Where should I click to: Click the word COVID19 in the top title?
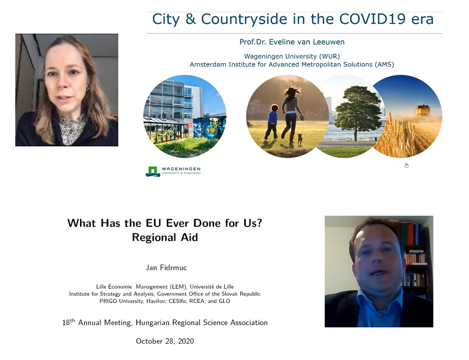click(372, 19)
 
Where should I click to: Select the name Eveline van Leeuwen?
click(306, 42)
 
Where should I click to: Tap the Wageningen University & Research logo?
click(173, 171)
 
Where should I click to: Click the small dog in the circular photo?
click(300, 139)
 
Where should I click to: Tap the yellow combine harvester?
click(422, 110)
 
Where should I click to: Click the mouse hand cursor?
click(406, 165)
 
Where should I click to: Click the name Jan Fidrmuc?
click(166, 268)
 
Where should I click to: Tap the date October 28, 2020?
click(165, 341)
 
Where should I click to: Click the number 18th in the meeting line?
click(68, 322)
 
